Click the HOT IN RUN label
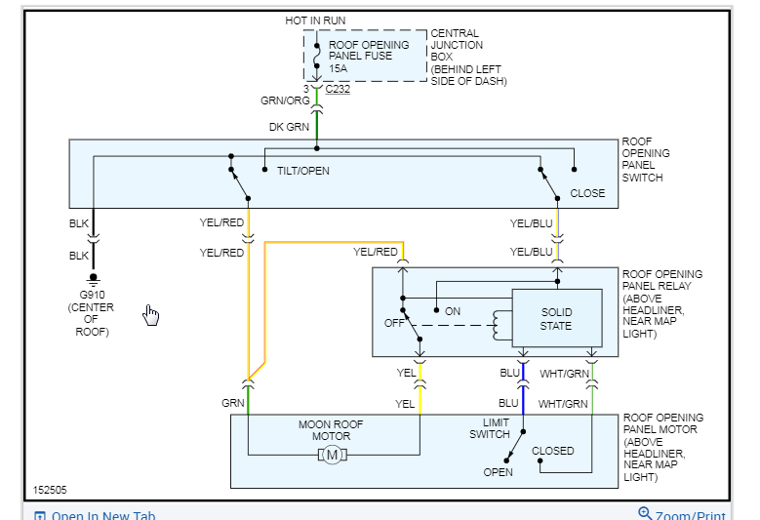[315, 20]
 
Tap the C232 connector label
[339, 88]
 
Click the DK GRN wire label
[289, 127]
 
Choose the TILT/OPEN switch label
[303, 171]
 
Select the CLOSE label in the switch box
[587, 193]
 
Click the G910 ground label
[92, 296]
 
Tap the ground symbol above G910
[93, 279]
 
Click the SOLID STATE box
[556, 319]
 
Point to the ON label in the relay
[453, 311]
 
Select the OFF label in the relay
[394, 323]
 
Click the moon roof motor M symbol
[333, 455]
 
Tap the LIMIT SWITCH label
[491, 428]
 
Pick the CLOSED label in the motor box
[553, 451]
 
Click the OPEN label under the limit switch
[498, 472]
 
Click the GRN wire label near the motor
[233, 403]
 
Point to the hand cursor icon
[151, 313]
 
